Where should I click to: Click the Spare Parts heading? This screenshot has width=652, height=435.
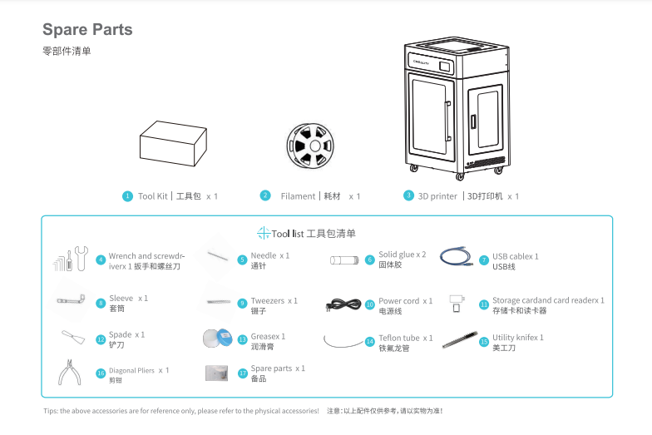coord(87,30)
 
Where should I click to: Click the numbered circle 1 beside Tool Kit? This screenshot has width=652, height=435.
coord(127,196)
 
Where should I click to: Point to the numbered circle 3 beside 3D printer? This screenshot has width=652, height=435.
coord(408,195)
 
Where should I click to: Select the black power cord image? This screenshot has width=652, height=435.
coord(343,304)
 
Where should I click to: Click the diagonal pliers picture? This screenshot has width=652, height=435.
coord(73,373)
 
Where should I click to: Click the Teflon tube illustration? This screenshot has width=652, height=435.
coord(343,339)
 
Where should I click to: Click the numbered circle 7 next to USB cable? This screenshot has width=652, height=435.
coord(484,260)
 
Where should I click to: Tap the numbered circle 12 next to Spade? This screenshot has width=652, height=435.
coord(101,339)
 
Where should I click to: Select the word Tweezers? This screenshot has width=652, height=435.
coord(268,300)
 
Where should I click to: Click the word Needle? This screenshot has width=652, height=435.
coord(264,255)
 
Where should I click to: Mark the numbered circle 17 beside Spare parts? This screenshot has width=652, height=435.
coord(243,373)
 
